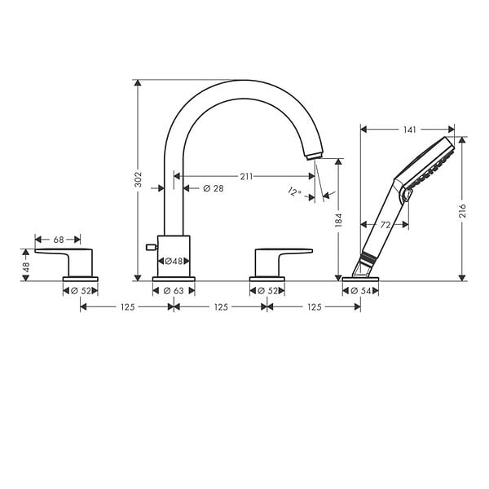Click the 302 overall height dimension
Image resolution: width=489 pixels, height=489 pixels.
pyautogui.click(x=138, y=179)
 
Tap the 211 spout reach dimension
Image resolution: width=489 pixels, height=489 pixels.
pyautogui.click(x=246, y=177)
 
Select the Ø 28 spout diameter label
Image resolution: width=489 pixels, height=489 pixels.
pyautogui.click(x=214, y=188)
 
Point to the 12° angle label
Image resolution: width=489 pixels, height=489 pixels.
pyautogui.click(x=294, y=192)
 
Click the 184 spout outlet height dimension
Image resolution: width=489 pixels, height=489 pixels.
pyautogui.click(x=339, y=220)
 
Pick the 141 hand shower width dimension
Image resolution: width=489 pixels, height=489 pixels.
pyautogui.click(x=409, y=130)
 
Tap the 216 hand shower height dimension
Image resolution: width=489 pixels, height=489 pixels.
pyautogui.click(x=462, y=210)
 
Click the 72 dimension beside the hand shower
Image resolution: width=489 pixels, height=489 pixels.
pyautogui.click(x=385, y=225)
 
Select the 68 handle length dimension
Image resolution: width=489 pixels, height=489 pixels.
pyautogui.click(x=59, y=240)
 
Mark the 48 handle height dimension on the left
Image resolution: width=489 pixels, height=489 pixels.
pyautogui.click(x=26, y=267)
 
